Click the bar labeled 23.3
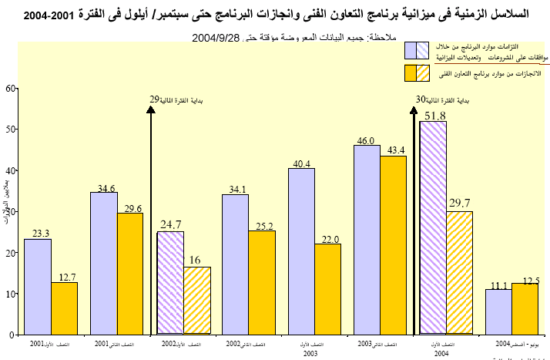(x=38, y=287)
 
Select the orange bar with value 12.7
(x=65, y=308)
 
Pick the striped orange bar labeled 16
(x=197, y=301)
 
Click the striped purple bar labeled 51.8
(x=433, y=228)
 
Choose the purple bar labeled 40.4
(x=301, y=251)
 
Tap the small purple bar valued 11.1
(x=498, y=311)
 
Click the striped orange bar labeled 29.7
(x=460, y=273)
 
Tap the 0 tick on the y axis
(x=12, y=335)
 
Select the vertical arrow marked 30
(x=413, y=224)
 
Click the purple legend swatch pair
(x=417, y=51)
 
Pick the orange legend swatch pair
(x=417, y=73)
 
